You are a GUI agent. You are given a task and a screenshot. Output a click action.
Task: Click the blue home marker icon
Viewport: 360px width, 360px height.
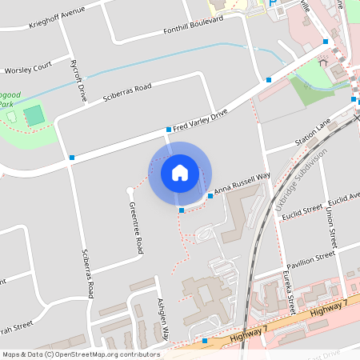[x=180, y=173]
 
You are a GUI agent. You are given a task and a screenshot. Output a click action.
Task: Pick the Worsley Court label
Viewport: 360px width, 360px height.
[x=28, y=65]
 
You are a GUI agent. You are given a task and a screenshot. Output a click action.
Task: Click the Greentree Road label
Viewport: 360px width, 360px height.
[x=136, y=228]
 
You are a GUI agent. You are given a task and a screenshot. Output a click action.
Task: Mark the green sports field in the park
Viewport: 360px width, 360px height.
[x=34, y=115]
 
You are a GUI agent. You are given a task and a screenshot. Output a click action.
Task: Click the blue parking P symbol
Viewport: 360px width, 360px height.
[x=273, y=4]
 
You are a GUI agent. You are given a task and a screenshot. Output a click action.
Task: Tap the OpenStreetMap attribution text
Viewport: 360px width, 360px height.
[x=81, y=354]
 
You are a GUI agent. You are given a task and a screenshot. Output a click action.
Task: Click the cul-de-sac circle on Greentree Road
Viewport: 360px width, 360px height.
[x=130, y=190]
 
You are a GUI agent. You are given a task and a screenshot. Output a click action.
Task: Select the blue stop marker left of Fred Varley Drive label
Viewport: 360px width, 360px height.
[x=169, y=129]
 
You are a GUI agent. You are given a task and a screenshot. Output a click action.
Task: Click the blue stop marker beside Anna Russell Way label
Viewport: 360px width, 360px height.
[x=210, y=195]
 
